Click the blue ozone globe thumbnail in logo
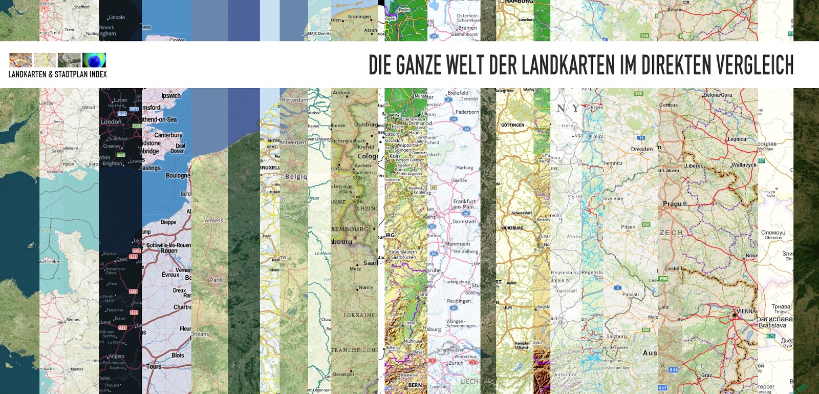94,60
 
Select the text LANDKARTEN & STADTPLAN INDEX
57,75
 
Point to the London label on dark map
111,122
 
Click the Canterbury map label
168,135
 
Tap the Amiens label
214,221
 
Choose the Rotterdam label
295,100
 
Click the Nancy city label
365,287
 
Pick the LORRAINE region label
359,315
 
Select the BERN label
415,385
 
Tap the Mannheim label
457,244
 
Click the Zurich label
456,363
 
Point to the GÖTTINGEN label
512,125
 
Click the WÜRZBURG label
512,228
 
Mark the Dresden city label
641,149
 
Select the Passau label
630,295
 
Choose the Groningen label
359,16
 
